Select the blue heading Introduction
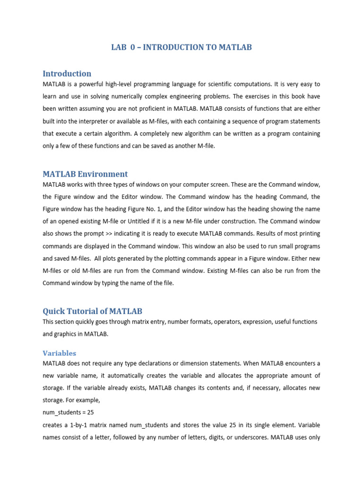(x=67, y=73)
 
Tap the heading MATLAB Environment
(x=85, y=174)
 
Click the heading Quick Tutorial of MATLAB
(x=92, y=311)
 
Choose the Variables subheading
(x=59, y=353)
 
